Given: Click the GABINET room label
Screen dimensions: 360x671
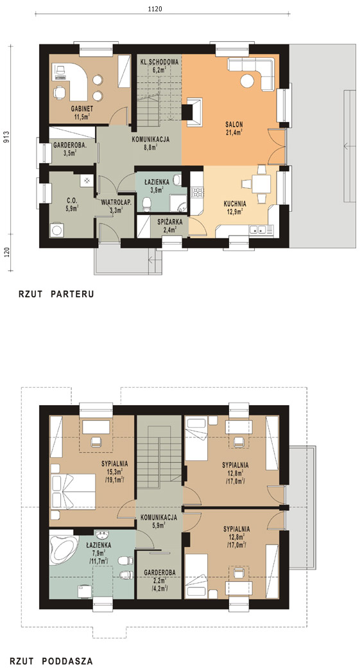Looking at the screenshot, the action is click(81, 109).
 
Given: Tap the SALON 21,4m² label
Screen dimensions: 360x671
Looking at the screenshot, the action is click(234, 128).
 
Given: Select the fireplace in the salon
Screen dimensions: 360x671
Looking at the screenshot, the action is click(193, 112).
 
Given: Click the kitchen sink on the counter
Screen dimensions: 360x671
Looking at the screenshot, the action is click(259, 230).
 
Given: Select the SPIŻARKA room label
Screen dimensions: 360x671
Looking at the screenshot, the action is click(170, 222).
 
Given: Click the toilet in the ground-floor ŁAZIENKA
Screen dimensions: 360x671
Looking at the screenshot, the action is click(147, 204).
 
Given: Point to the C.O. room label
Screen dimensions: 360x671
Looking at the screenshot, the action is click(71, 198).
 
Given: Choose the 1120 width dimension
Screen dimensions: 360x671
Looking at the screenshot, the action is click(156, 8).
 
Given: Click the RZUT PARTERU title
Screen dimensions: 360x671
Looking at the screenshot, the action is click(56, 294).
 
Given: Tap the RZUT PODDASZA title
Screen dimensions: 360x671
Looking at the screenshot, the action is click(51, 661).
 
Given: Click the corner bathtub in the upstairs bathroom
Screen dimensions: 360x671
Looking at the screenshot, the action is click(63, 545).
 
